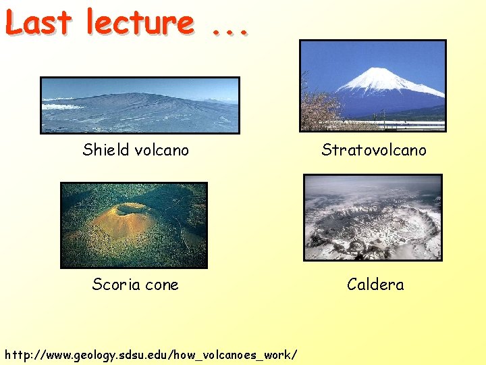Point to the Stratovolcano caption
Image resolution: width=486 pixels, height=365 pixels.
[x=373, y=149]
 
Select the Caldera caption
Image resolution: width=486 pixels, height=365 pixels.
[x=375, y=285]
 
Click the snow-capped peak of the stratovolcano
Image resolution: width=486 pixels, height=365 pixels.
[x=381, y=74]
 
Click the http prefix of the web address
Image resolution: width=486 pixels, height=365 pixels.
[x=18, y=354]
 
